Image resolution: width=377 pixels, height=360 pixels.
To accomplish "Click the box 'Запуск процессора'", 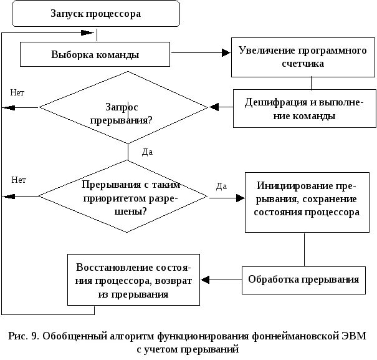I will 95,13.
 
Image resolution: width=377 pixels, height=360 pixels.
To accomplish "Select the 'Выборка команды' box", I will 95,54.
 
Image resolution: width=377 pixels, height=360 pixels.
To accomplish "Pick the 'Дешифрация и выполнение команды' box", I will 303,109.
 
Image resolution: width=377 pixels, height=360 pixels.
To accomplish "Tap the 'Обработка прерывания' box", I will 303,279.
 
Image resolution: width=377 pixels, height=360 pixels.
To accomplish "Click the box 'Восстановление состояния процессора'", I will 133,279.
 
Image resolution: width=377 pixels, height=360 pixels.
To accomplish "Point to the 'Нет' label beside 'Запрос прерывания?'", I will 17,92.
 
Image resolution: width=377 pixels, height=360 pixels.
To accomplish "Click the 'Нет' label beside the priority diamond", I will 18,180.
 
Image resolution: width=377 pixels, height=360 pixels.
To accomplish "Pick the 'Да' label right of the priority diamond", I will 221,185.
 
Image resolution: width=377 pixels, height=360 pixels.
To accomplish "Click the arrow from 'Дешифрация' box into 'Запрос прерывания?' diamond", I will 221,107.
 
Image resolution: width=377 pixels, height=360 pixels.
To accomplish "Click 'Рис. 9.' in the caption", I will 24,337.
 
